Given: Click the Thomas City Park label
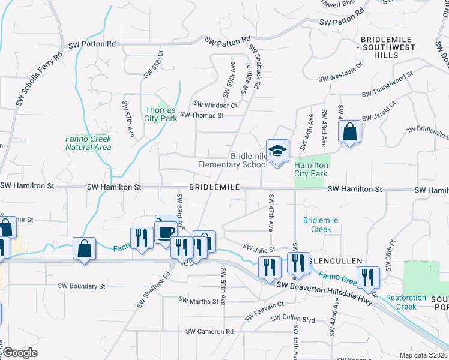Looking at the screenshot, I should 160,114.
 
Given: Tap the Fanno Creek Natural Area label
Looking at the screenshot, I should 88,143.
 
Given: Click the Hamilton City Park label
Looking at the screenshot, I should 312,169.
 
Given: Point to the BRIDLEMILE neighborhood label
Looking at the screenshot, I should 214,188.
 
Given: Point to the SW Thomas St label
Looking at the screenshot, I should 202,115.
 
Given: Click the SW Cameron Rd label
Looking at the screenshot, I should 209,331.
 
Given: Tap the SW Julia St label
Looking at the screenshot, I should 259,248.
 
